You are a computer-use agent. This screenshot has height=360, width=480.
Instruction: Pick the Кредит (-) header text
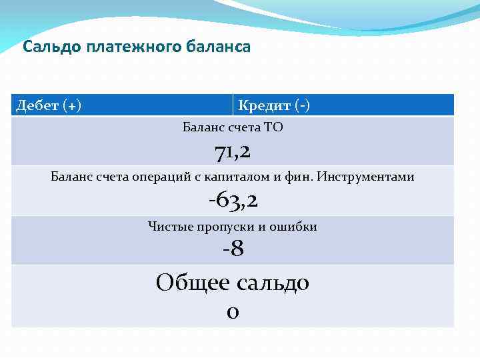pyautogui.click(x=273, y=105)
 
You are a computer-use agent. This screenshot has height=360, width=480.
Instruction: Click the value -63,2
pyautogui.click(x=233, y=200)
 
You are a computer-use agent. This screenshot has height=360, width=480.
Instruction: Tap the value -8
pyautogui.click(x=233, y=249)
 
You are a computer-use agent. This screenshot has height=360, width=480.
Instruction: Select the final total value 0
pyautogui.click(x=233, y=311)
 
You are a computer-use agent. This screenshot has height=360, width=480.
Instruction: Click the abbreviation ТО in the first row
pyautogui.click(x=274, y=127)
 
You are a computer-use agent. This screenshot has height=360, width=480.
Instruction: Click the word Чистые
pyautogui.click(x=170, y=227)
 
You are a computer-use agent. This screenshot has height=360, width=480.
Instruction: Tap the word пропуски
pyautogui.click(x=226, y=227)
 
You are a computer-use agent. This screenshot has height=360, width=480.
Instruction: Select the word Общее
pyautogui.click(x=193, y=283)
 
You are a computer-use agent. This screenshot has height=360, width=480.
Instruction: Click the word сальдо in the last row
pyautogui.click(x=273, y=283)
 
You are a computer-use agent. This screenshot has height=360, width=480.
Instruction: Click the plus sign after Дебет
pyautogui.click(x=71, y=105)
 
